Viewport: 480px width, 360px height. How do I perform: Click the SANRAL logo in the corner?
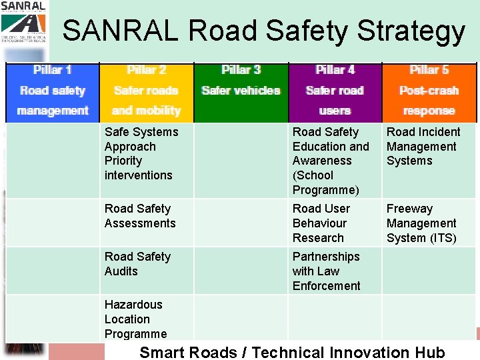[x=23, y=20]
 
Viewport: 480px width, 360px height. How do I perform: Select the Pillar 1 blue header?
[x=53, y=91]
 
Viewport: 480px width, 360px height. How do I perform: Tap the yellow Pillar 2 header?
[x=147, y=91]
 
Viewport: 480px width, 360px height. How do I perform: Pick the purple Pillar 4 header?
[x=335, y=91]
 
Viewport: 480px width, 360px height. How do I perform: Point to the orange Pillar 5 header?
[x=429, y=91]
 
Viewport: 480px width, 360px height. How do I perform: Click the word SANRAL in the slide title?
[x=121, y=31]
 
